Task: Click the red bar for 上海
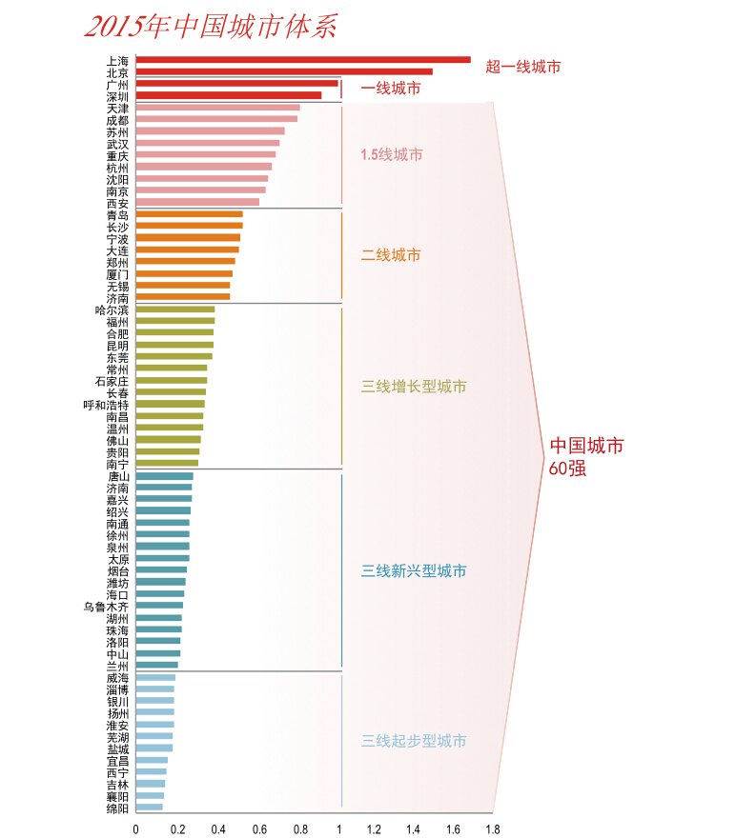pyautogui.click(x=303, y=60)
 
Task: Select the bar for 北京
pyautogui.click(x=284, y=71)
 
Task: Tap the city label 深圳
pyautogui.click(x=117, y=96)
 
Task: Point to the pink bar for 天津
pyautogui.click(x=217, y=108)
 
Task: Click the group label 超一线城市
pyautogui.click(x=522, y=67)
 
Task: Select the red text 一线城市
pyautogui.click(x=390, y=89)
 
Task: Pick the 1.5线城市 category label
pyautogui.click(x=391, y=154)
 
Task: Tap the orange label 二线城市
pyautogui.click(x=390, y=255)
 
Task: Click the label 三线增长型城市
pyautogui.click(x=414, y=388)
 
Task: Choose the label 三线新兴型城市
pyautogui.click(x=414, y=571)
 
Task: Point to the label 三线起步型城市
pyautogui.click(x=414, y=741)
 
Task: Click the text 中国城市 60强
pyautogui.click(x=585, y=456)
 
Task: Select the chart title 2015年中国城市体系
pyautogui.click(x=211, y=26)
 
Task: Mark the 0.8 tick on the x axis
pyautogui.click(x=300, y=829)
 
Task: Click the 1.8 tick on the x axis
pyautogui.click(x=492, y=829)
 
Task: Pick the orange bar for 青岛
pyautogui.click(x=189, y=213)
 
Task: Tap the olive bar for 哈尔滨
pyautogui.click(x=175, y=309)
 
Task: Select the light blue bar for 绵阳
pyautogui.click(x=149, y=808)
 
